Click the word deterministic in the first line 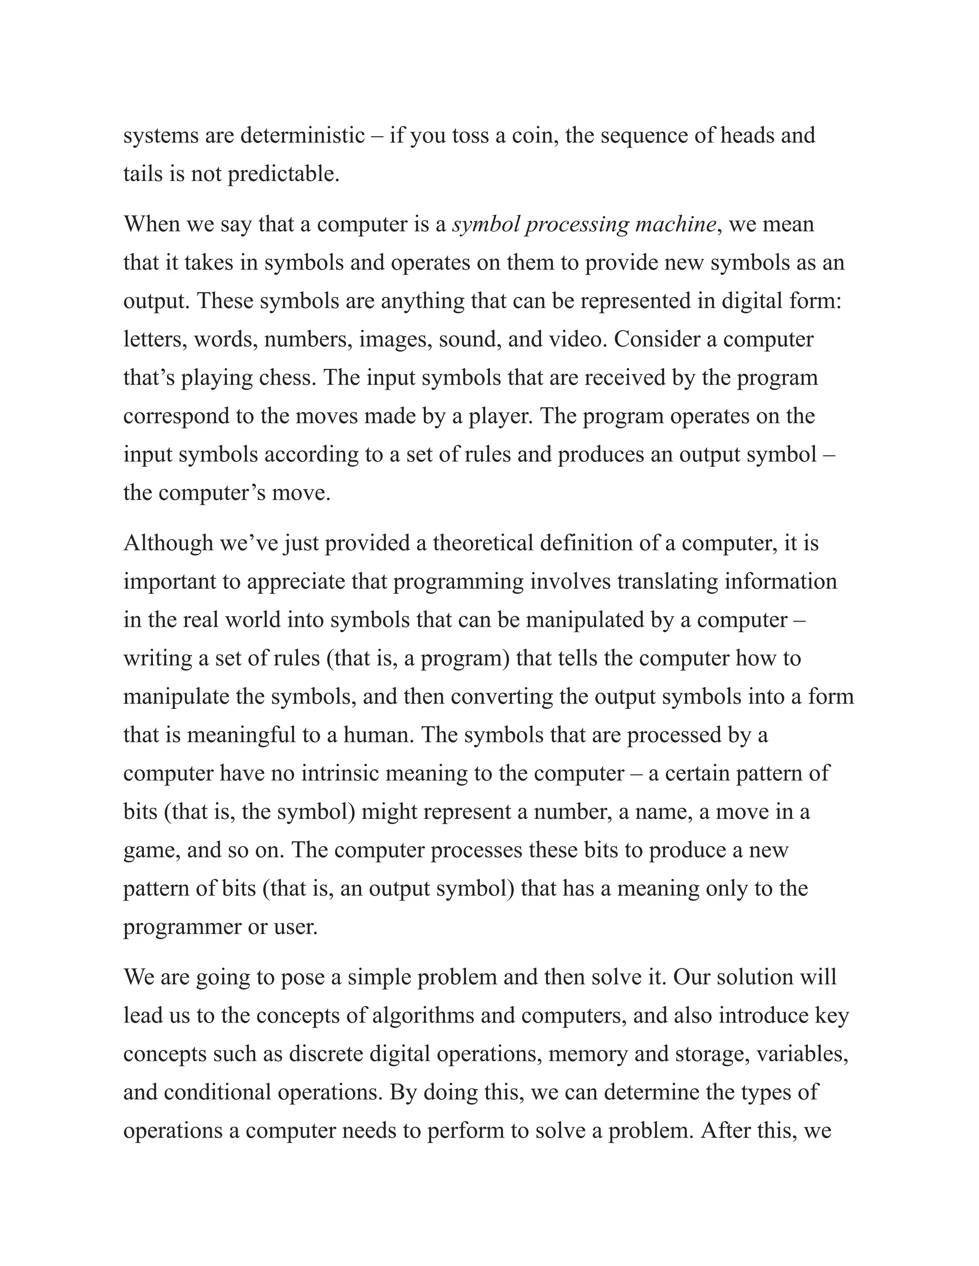[302, 136]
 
